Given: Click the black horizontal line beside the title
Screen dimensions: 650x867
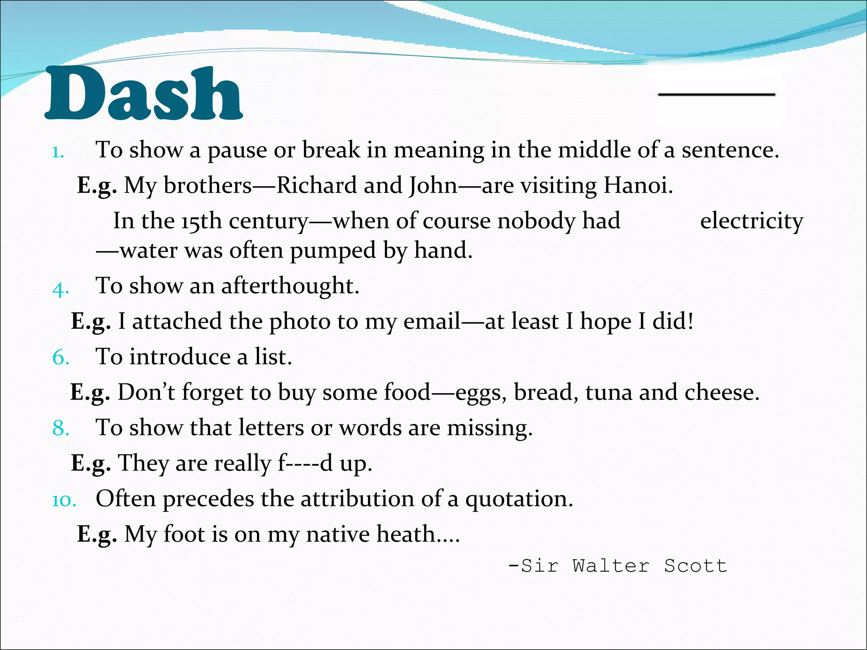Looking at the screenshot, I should click(716, 94).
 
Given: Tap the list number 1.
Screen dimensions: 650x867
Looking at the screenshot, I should click(58, 152).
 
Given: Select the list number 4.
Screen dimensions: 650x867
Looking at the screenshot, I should click(60, 289).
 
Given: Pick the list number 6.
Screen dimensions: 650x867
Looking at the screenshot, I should click(61, 358).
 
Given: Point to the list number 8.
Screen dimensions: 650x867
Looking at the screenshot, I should click(61, 429).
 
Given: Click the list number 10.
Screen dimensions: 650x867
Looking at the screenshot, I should click(64, 501).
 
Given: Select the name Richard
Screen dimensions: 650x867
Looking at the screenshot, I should click(316, 185).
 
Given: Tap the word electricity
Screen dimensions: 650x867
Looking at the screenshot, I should click(751, 221).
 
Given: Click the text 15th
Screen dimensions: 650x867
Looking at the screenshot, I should click(202, 221).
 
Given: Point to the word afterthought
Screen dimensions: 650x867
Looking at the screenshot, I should click(290, 286).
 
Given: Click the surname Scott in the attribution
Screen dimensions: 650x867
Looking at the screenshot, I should click(695, 566).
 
